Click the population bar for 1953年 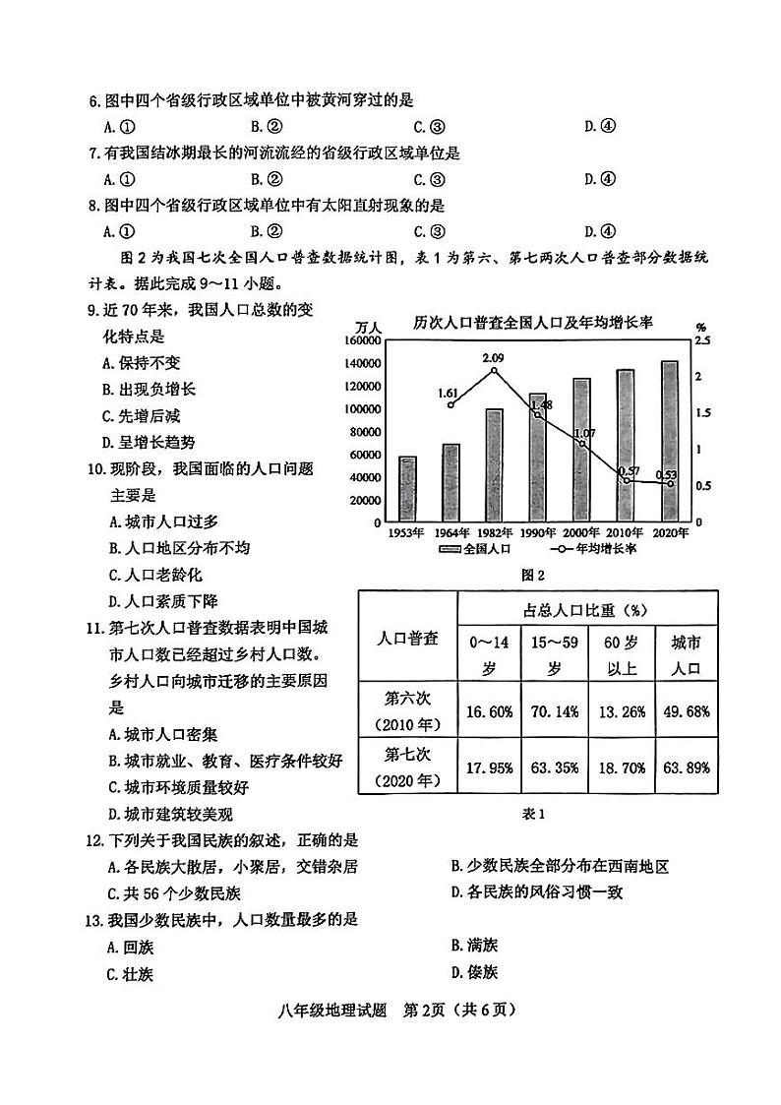pos(407,488)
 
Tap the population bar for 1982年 pos(494,464)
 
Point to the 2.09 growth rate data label pos(494,358)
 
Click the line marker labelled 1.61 pos(451,404)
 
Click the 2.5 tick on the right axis pos(702,340)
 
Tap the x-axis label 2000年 pos(582,532)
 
